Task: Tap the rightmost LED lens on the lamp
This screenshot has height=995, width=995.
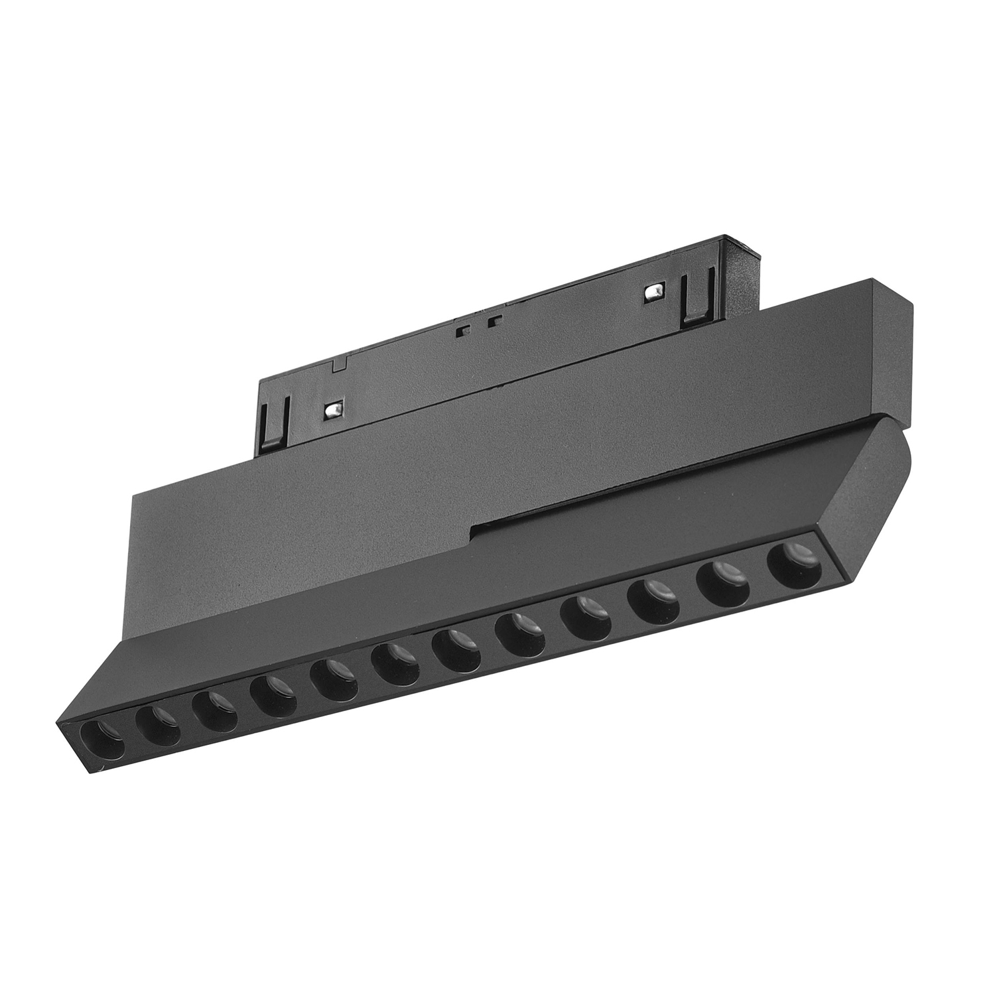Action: [791, 564]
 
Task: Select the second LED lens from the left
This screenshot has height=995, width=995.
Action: [159, 726]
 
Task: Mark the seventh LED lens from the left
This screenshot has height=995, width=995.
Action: [456, 650]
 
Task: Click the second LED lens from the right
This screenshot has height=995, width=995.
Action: [721, 582]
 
